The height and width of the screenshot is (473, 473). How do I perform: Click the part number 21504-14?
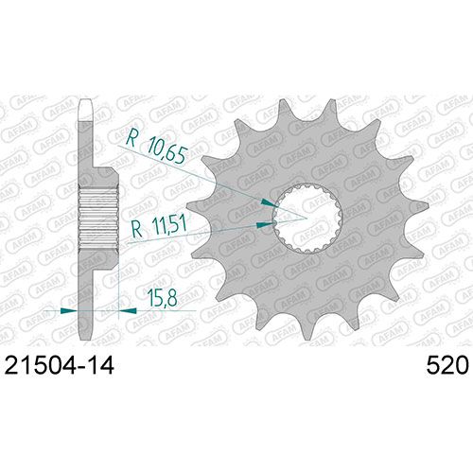[60, 366]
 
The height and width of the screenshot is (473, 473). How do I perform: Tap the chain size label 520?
[447, 366]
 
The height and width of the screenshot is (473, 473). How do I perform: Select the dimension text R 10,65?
[156, 147]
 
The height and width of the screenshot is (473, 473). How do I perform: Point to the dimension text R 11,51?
[159, 226]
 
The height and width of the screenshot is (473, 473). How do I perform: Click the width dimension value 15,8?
[163, 298]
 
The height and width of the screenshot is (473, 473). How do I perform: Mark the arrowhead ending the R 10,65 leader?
[269, 202]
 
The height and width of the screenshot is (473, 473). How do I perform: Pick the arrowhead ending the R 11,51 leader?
[265, 225]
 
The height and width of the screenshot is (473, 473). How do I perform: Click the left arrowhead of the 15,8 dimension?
[69, 310]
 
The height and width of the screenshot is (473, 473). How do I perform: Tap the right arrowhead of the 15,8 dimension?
[128, 310]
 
